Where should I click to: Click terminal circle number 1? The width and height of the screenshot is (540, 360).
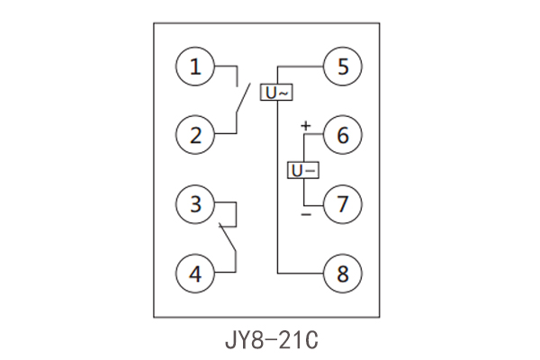[195, 67]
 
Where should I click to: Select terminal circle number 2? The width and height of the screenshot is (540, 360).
[195, 135]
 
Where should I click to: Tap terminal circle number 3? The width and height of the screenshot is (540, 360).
[195, 203]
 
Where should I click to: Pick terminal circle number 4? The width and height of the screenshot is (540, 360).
[195, 272]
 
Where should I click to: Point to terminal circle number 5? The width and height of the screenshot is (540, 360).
[343, 67]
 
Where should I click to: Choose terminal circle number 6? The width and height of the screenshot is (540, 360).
[343, 135]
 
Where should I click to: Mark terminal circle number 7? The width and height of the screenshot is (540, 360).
[343, 203]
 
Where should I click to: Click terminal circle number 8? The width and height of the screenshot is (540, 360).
[343, 272]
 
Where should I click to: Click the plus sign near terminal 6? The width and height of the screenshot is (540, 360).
[305, 125]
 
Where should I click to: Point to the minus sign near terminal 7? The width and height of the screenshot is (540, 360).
[305, 216]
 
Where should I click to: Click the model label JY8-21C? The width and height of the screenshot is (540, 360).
[270, 342]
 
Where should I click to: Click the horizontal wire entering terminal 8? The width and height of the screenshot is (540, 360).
[301, 272]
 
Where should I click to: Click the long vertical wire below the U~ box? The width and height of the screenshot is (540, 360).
[276, 189]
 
